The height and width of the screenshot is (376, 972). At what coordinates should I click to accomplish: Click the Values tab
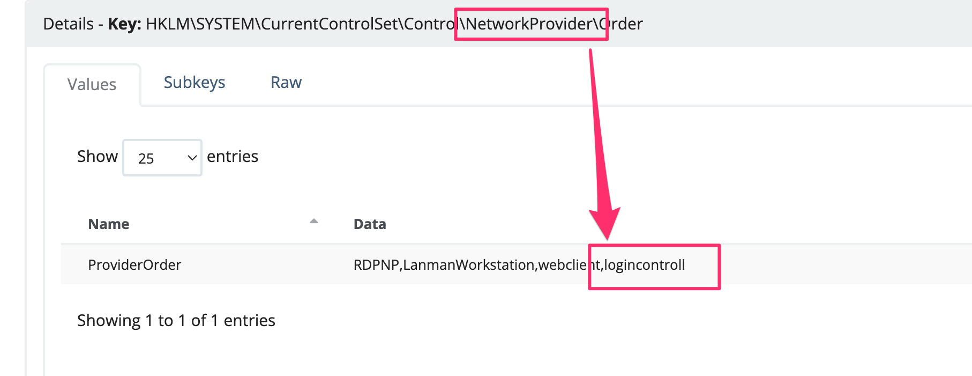[x=92, y=85]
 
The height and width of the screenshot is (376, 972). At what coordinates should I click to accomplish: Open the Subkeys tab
[x=195, y=83]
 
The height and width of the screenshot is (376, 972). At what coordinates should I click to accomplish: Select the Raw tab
[x=286, y=83]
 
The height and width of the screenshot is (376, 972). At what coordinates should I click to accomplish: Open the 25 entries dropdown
[x=162, y=158]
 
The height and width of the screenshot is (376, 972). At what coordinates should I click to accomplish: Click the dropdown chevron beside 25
[x=192, y=158]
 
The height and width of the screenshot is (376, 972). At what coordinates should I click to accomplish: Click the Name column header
[x=109, y=224]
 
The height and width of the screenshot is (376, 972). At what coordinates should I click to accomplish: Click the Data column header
[x=370, y=224]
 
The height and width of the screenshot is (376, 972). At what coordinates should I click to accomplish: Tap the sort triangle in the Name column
[x=314, y=221]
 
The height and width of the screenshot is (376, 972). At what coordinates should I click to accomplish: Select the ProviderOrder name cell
[x=134, y=265]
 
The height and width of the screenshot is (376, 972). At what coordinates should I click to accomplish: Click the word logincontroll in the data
[x=645, y=265]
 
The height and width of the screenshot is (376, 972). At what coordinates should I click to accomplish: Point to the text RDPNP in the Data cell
[x=376, y=265]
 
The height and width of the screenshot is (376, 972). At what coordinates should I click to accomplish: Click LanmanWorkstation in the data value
[x=469, y=265]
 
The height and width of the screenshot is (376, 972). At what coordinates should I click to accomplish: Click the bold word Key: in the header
[x=125, y=24]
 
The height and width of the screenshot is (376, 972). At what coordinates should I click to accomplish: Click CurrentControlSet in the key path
[x=330, y=24]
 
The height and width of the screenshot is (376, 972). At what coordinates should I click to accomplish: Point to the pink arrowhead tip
[x=608, y=240]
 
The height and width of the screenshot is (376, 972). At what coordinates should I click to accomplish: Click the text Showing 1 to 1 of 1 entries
[x=176, y=321]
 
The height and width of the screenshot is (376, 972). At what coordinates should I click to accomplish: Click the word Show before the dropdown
[x=98, y=157]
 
